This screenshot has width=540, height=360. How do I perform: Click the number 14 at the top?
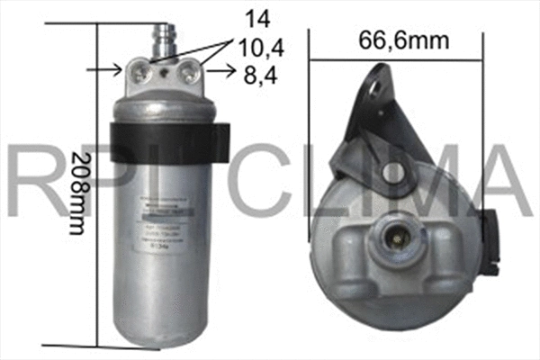tap(256, 17)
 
